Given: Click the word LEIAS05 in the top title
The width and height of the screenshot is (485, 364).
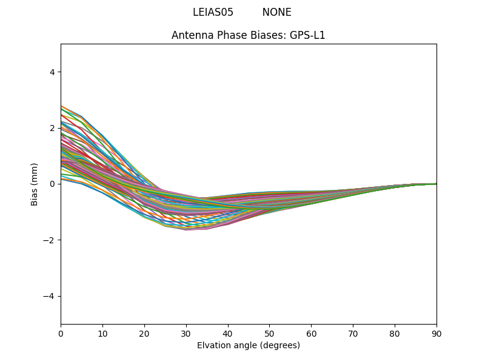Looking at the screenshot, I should coord(213,12).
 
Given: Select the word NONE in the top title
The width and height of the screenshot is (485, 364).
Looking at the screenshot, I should coord(276,12).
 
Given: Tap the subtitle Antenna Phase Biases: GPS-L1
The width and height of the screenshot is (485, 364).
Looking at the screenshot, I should coord(249,35).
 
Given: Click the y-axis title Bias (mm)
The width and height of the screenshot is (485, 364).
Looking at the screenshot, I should coord(35,184).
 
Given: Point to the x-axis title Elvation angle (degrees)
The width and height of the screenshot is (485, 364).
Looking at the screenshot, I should coord(249,345).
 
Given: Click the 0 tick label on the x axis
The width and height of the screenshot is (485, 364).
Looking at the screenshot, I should coord(61,333).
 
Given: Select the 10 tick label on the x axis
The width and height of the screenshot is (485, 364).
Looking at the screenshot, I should coord(102,333).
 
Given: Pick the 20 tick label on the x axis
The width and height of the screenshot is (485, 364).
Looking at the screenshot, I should coord(144,333).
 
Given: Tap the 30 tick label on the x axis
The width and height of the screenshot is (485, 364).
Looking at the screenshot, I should coord(186,333).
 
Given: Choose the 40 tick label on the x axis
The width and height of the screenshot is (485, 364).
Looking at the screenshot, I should coord(228,333).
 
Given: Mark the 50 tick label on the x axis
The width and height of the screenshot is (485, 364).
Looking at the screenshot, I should coord(269,333).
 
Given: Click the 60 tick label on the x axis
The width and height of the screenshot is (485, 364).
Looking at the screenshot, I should coord(311,333).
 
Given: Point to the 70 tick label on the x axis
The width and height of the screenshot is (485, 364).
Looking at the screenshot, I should coord(353,333).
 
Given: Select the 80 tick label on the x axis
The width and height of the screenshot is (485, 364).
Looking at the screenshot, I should coord(395,333).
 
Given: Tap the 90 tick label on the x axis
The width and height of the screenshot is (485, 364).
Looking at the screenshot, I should coord(436,333).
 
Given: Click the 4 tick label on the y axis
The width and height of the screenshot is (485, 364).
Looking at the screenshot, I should coord(52,72).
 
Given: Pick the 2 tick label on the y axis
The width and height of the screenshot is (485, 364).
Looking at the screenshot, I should coord(52,128).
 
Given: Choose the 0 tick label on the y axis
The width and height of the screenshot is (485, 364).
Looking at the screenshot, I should coord(52,184).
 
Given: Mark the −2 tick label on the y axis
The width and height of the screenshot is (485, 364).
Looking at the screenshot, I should coord(49,240).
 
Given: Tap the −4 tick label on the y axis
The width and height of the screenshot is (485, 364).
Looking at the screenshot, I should coord(49,296).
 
